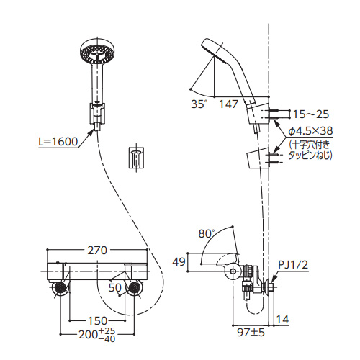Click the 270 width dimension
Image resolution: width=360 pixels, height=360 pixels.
click(x=97, y=251)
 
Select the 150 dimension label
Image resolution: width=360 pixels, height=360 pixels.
click(x=97, y=320)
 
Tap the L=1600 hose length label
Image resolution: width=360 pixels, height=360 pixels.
click(x=58, y=142)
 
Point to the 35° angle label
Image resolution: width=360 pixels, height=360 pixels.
click(x=199, y=104)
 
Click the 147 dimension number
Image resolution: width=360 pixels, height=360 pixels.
click(x=229, y=104)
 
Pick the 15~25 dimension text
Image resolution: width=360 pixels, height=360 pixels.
click(x=311, y=114)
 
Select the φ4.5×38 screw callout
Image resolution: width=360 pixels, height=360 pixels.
click(x=310, y=131)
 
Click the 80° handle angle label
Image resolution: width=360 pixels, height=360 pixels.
click(x=206, y=233)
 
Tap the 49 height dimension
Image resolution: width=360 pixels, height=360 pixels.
click(x=179, y=262)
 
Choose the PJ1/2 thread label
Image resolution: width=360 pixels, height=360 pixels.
click(x=293, y=265)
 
